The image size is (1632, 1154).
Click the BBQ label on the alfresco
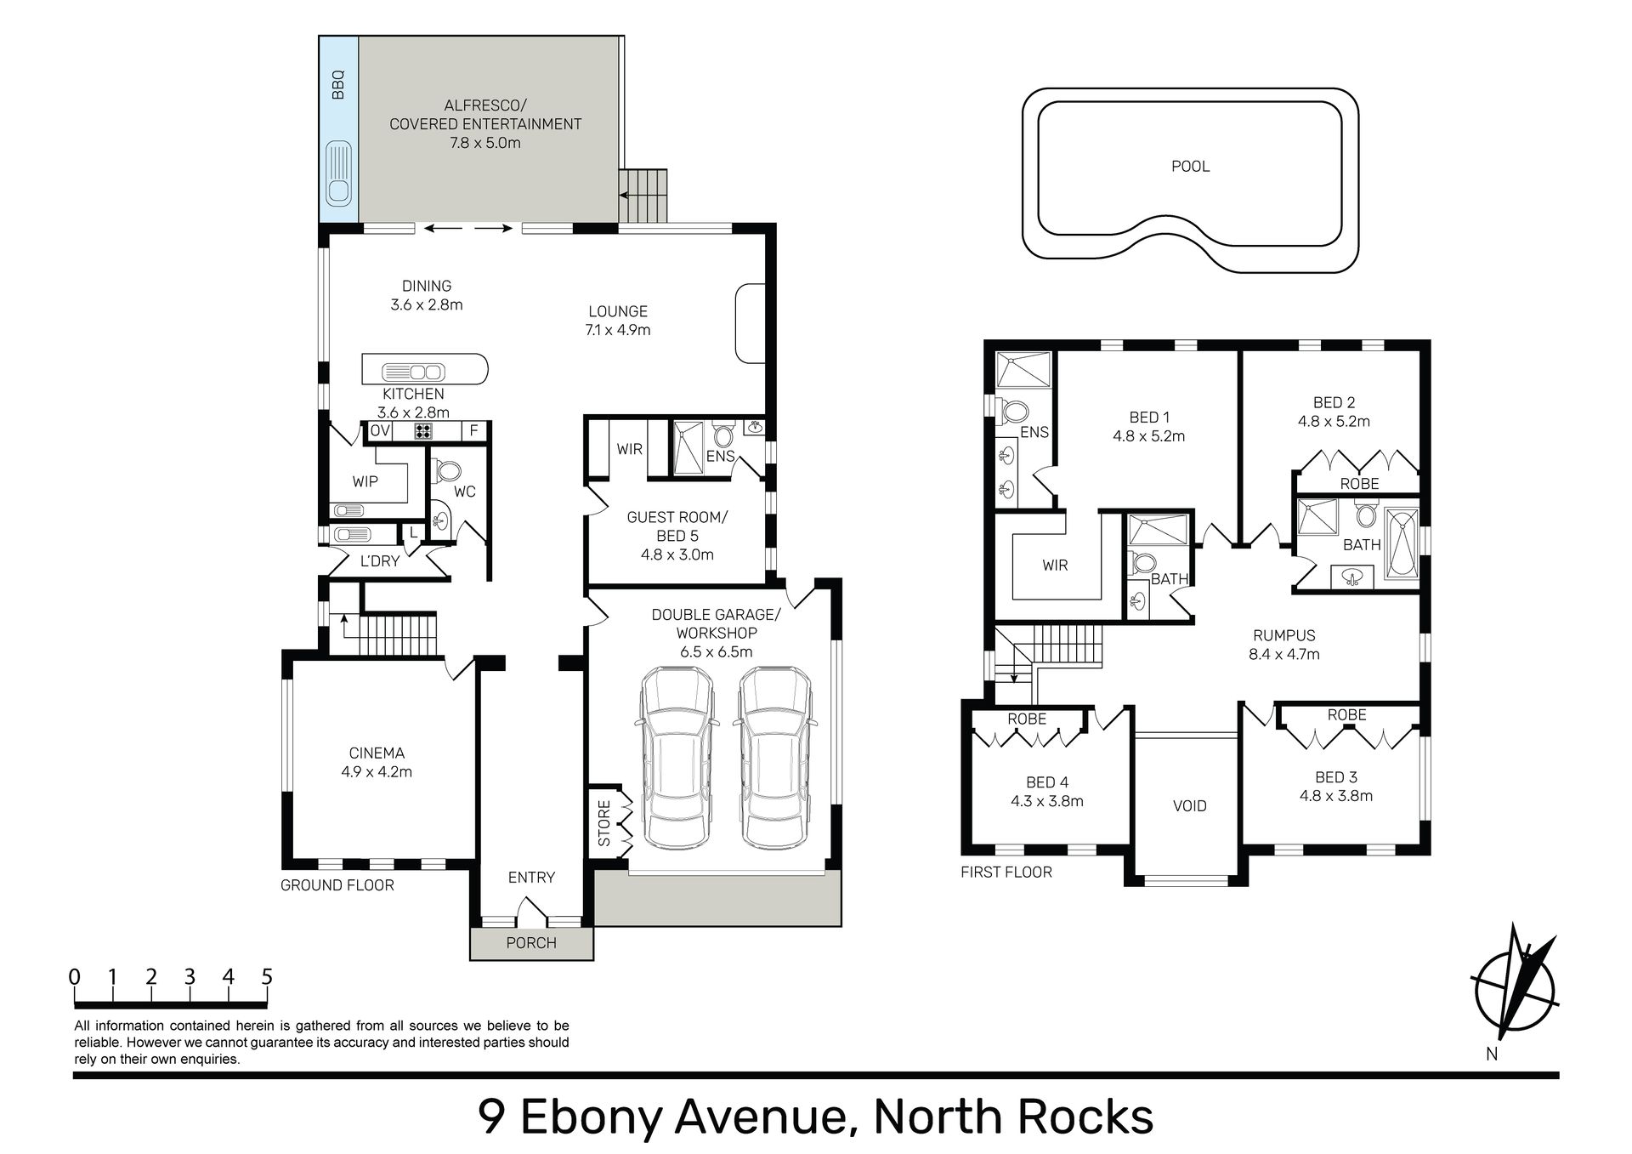point(338,85)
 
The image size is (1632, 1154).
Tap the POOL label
point(1190,167)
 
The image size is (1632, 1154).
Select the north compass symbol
point(1516,992)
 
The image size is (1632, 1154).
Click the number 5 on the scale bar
point(267,976)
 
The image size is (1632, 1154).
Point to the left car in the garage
point(677,758)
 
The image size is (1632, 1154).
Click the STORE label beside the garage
point(604,823)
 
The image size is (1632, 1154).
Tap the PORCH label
point(531,943)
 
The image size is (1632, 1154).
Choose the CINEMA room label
point(377,753)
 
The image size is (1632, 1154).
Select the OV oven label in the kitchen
point(380,431)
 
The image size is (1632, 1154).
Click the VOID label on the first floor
point(1189,806)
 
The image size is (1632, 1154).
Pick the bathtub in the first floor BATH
point(1402,544)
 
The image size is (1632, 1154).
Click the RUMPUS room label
point(1283,636)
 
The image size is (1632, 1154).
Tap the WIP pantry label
point(365,482)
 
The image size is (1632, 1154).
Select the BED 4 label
point(1047,782)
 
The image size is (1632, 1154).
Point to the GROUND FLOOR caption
point(337,885)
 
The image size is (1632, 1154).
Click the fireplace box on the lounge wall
point(750,323)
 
